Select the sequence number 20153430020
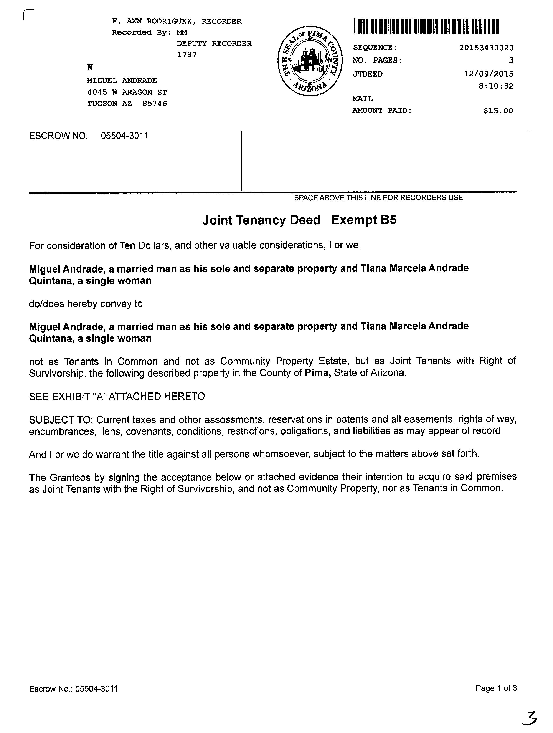(x=486, y=48)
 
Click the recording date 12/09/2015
(x=488, y=74)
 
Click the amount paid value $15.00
(x=498, y=111)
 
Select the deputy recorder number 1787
(x=187, y=55)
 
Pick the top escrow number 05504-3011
(x=124, y=136)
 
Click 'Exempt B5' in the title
(x=363, y=220)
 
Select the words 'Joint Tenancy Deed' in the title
(x=261, y=220)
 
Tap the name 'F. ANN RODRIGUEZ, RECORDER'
(x=177, y=22)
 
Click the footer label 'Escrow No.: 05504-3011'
(x=73, y=689)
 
